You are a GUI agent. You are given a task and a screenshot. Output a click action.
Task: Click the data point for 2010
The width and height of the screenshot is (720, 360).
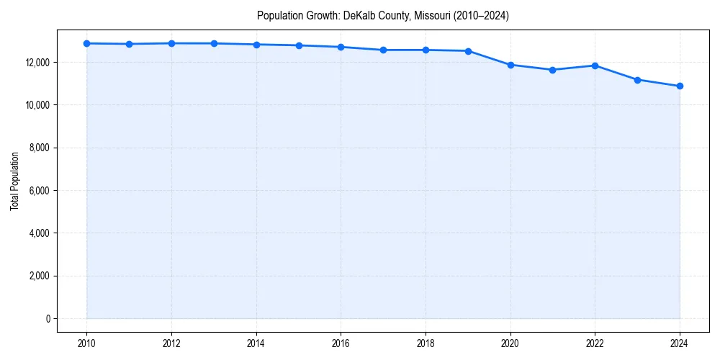click(86, 43)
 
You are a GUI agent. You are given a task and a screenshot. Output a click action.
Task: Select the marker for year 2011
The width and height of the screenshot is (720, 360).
click(129, 44)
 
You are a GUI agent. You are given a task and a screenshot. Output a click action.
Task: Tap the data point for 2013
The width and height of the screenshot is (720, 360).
click(214, 43)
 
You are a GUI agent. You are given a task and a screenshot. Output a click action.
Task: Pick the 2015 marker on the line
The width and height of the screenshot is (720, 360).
click(299, 45)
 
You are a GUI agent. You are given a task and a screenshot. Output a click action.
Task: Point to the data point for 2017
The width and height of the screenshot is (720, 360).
click(383, 50)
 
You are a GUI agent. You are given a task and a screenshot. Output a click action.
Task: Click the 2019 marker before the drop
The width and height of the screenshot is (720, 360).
click(468, 51)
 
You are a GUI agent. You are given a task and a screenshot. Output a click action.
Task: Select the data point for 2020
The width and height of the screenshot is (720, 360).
click(510, 65)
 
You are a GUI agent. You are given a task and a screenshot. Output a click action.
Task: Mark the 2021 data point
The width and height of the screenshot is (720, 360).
click(552, 70)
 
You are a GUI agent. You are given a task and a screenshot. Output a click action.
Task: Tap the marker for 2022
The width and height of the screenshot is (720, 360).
click(595, 66)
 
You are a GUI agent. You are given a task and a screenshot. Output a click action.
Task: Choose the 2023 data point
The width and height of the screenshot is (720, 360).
click(637, 80)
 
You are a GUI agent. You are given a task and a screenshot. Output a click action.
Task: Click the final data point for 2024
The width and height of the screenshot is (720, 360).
click(680, 86)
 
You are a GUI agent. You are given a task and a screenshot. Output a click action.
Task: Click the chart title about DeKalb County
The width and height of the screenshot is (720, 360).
click(383, 16)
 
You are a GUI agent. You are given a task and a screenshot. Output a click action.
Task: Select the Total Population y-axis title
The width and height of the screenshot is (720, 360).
click(14, 181)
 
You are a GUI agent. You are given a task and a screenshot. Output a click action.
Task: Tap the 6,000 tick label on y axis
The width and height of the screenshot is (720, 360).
click(37, 191)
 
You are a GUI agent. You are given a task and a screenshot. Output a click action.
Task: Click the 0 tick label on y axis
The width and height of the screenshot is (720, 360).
click(48, 318)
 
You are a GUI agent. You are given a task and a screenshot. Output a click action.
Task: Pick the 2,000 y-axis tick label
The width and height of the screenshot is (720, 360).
click(37, 276)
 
